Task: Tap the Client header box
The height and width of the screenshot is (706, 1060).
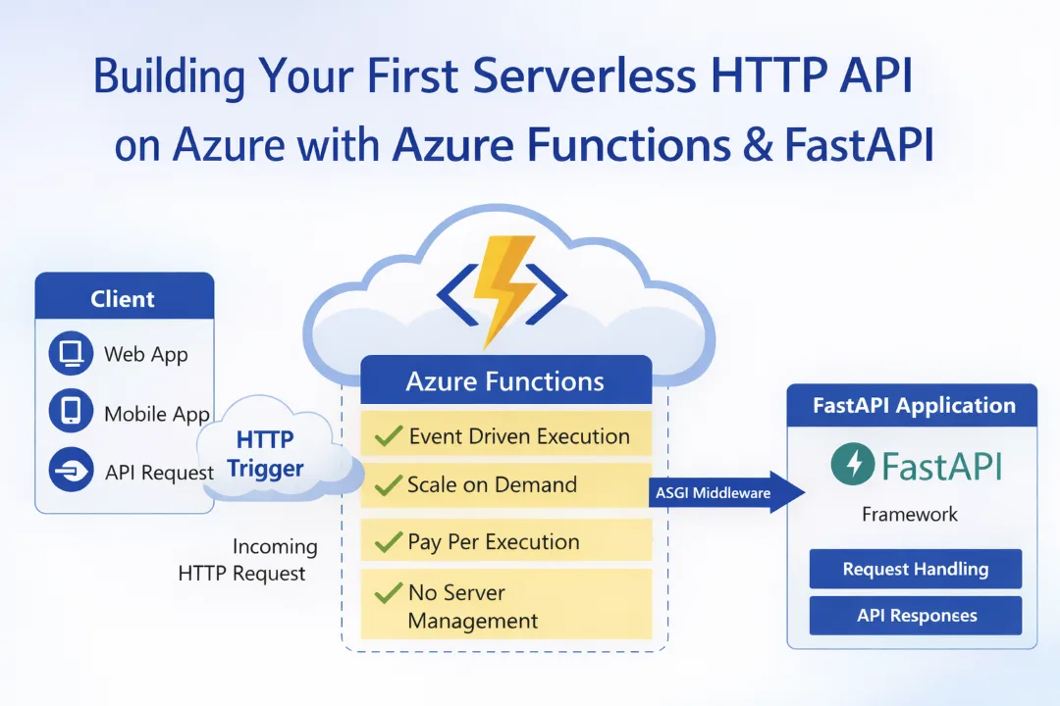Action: (x=124, y=298)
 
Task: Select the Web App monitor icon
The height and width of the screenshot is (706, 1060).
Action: (x=71, y=354)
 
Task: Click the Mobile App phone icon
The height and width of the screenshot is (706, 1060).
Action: (x=71, y=413)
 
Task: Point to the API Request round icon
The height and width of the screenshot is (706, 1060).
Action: (x=71, y=472)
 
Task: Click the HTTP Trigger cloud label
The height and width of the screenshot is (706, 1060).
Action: (x=266, y=453)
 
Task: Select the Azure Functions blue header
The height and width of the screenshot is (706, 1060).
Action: (x=505, y=380)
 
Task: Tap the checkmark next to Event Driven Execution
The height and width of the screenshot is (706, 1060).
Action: (x=389, y=436)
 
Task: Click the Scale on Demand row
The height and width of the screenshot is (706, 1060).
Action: (x=505, y=484)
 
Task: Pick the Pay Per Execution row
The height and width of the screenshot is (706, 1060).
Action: (x=505, y=541)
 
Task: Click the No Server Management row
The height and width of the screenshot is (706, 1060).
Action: (x=505, y=605)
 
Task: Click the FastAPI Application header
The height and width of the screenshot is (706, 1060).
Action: (x=913, y=406)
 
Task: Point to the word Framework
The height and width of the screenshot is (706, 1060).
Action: (x=910, y=514)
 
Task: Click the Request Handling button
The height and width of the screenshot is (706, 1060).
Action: (x=915, y=569)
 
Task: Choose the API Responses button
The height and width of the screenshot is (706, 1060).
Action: (x=915, y=616)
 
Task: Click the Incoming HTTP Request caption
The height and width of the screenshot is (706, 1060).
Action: (x=250, y=560)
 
